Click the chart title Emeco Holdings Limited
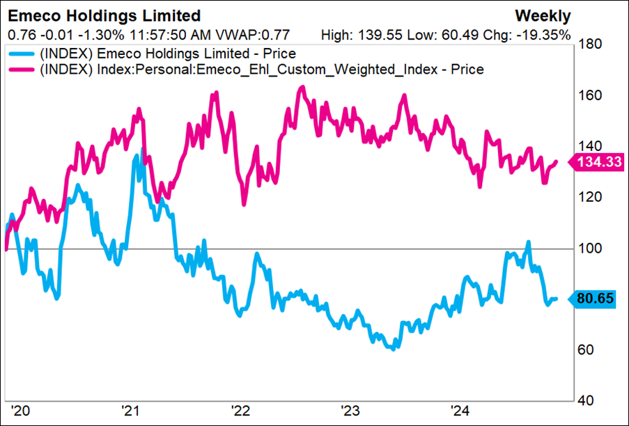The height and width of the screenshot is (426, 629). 104,16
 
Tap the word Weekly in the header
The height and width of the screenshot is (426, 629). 543,16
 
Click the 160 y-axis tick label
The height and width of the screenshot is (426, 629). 590,96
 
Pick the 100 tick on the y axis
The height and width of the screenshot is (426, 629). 590,248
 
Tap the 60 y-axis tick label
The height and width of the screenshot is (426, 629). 587,349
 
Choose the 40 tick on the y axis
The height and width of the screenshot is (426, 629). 587,400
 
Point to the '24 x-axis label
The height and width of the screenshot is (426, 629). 459,410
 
